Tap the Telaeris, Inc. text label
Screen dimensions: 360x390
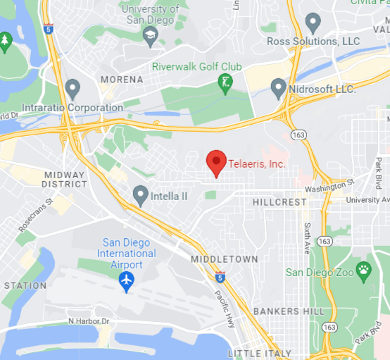(x=257, y=165)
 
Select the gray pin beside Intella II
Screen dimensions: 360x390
(x=141, y=194)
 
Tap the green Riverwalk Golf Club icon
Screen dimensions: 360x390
(x=225, y=82)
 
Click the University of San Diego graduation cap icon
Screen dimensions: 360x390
(x=150, y=35)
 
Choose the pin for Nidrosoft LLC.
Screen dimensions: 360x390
(x=279, y=88)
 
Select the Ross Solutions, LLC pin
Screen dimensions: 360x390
(x=312, y=23)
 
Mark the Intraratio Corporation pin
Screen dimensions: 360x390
(x=73, y=89)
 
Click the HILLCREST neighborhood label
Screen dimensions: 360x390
(x=279, y=202)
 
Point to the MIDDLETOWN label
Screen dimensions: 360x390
(x=225, y=259)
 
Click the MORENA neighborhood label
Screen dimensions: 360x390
(x=121, y=80)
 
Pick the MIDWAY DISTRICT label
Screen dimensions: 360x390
(x=65, y=179)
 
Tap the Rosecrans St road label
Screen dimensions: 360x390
(x=36, y=213)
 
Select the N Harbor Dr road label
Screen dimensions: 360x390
(x=89, y=321)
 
